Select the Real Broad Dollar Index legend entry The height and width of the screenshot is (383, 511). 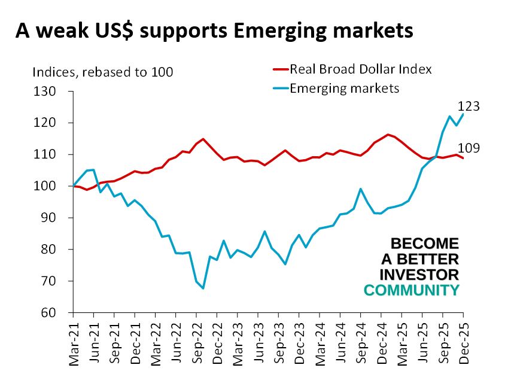(360, 69)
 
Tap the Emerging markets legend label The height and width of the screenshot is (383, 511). (344, 89)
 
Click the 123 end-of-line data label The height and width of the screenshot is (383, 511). (469, 107)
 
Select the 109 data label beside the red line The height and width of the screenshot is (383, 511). (469, 149)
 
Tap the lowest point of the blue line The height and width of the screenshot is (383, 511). (203, 288)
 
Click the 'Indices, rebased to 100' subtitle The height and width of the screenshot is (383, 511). (102, 72)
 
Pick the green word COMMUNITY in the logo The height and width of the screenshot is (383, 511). (412, 290)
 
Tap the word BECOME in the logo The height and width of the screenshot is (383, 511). (424, 244)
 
